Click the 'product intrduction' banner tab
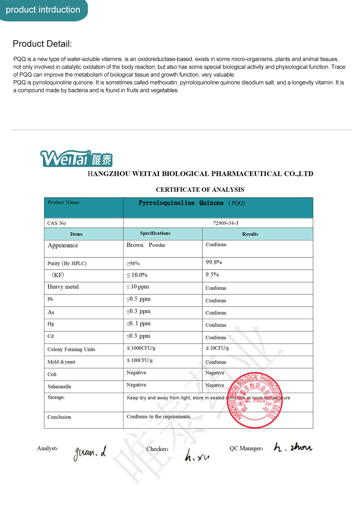(43, 10)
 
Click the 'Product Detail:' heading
(42, 44)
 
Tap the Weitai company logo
(76, 159)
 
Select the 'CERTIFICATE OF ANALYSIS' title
(200, 190)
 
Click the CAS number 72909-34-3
(225, 223)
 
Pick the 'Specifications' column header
(155, 233)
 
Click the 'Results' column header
(250, 234)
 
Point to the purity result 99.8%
(214, 262)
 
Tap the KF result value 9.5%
(212, 275)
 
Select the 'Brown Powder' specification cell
(146, 245)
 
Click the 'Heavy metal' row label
(63, 287)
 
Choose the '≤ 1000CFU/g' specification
(141, 348)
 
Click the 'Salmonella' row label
(59, 387)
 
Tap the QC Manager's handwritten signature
(293, 448)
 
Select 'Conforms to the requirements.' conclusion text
(159, 417)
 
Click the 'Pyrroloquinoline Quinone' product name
(181, 203)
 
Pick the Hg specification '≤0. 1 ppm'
(138, 324)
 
